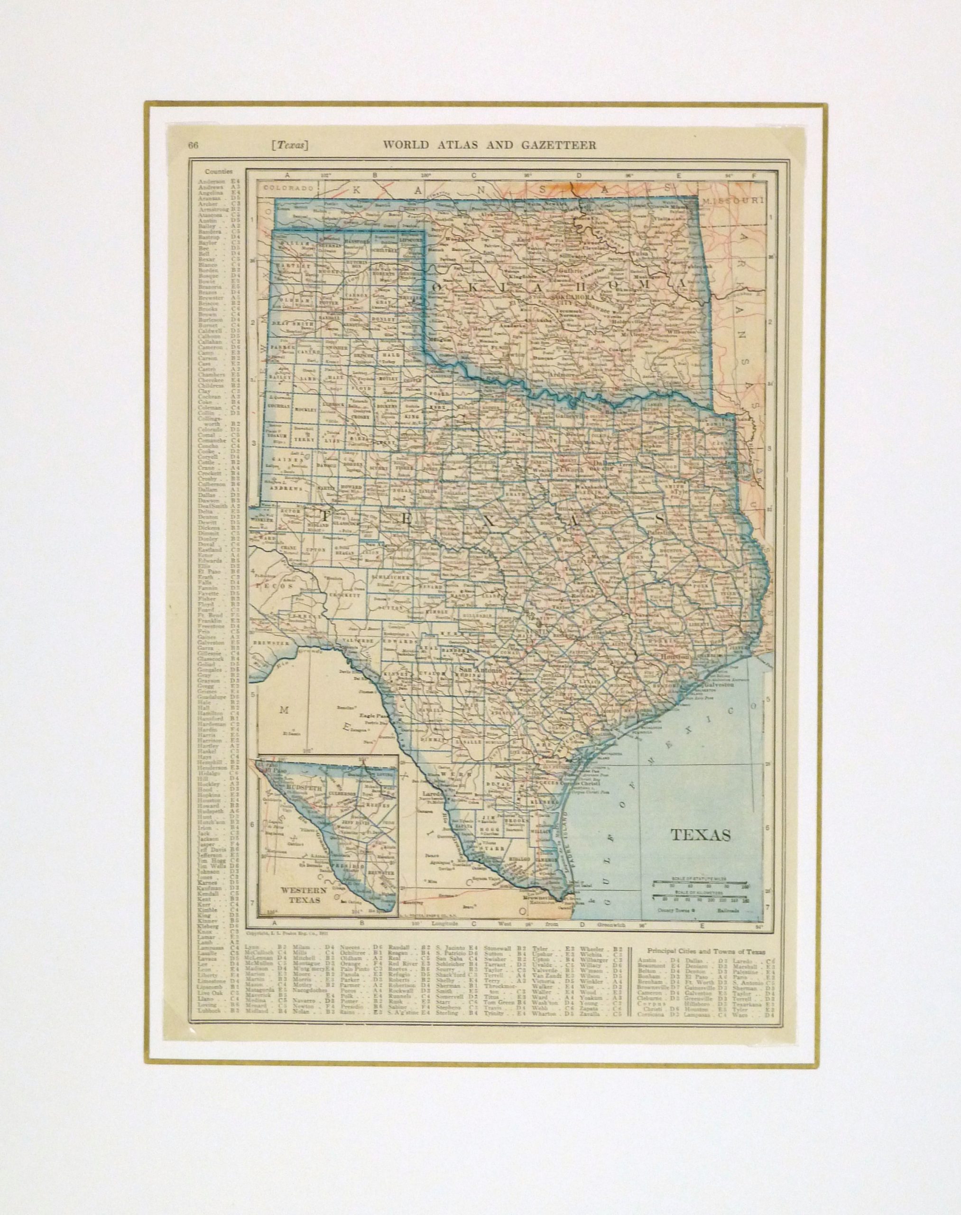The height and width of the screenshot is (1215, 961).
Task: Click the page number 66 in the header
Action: [193, 145]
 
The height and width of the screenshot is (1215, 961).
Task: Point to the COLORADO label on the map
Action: [283, 188]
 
